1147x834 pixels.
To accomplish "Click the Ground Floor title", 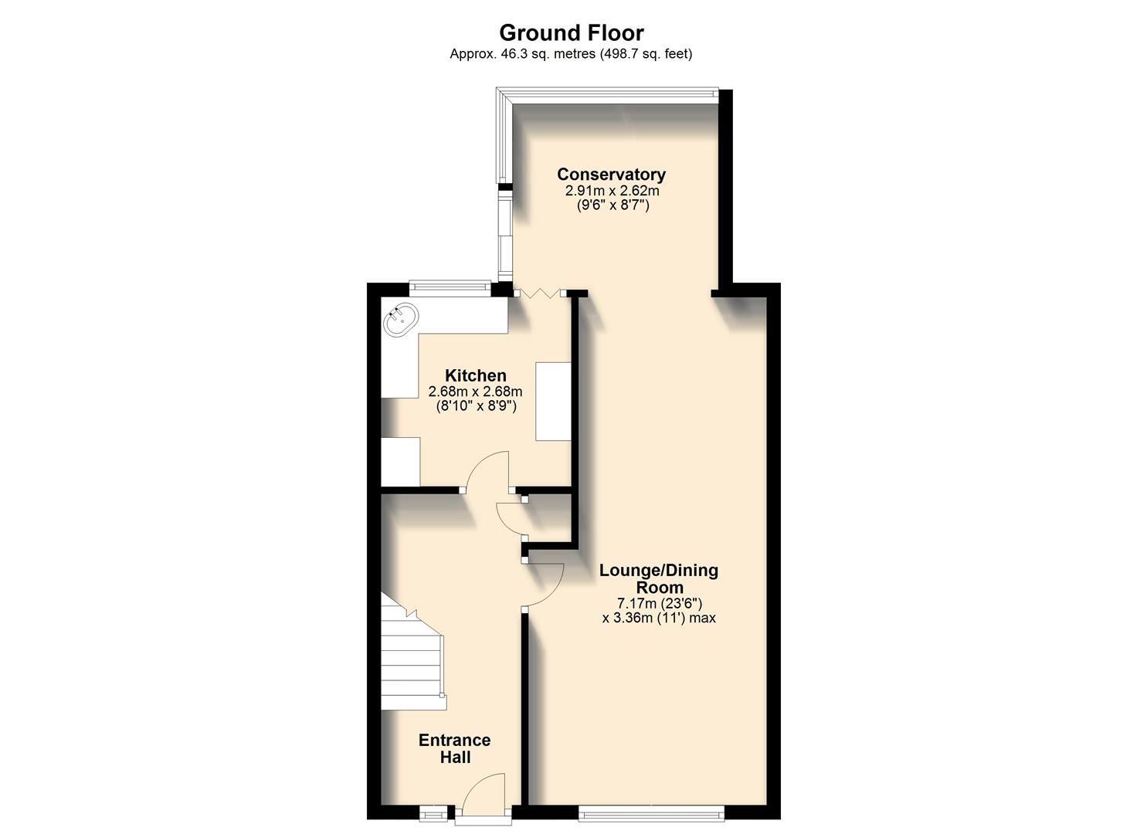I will [571, 32].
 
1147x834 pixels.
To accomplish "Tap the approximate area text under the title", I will [571, 54].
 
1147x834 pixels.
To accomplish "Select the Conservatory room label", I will [611, 175].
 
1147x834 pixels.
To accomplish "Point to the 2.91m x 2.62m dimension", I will [612, 191].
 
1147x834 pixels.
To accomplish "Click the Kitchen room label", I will [475, 376].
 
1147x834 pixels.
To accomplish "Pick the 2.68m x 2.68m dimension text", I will [475, 392].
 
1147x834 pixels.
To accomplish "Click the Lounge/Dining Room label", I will [659, 578].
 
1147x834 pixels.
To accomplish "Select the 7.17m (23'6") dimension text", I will [659, 603].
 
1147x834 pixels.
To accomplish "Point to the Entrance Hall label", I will [454, 748].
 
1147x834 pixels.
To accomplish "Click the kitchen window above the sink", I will [450, 289].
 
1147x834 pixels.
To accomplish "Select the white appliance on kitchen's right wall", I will [553, 401].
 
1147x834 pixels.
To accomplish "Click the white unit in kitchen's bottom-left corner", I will [400, 462].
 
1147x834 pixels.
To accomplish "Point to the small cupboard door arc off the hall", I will [510, 517].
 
